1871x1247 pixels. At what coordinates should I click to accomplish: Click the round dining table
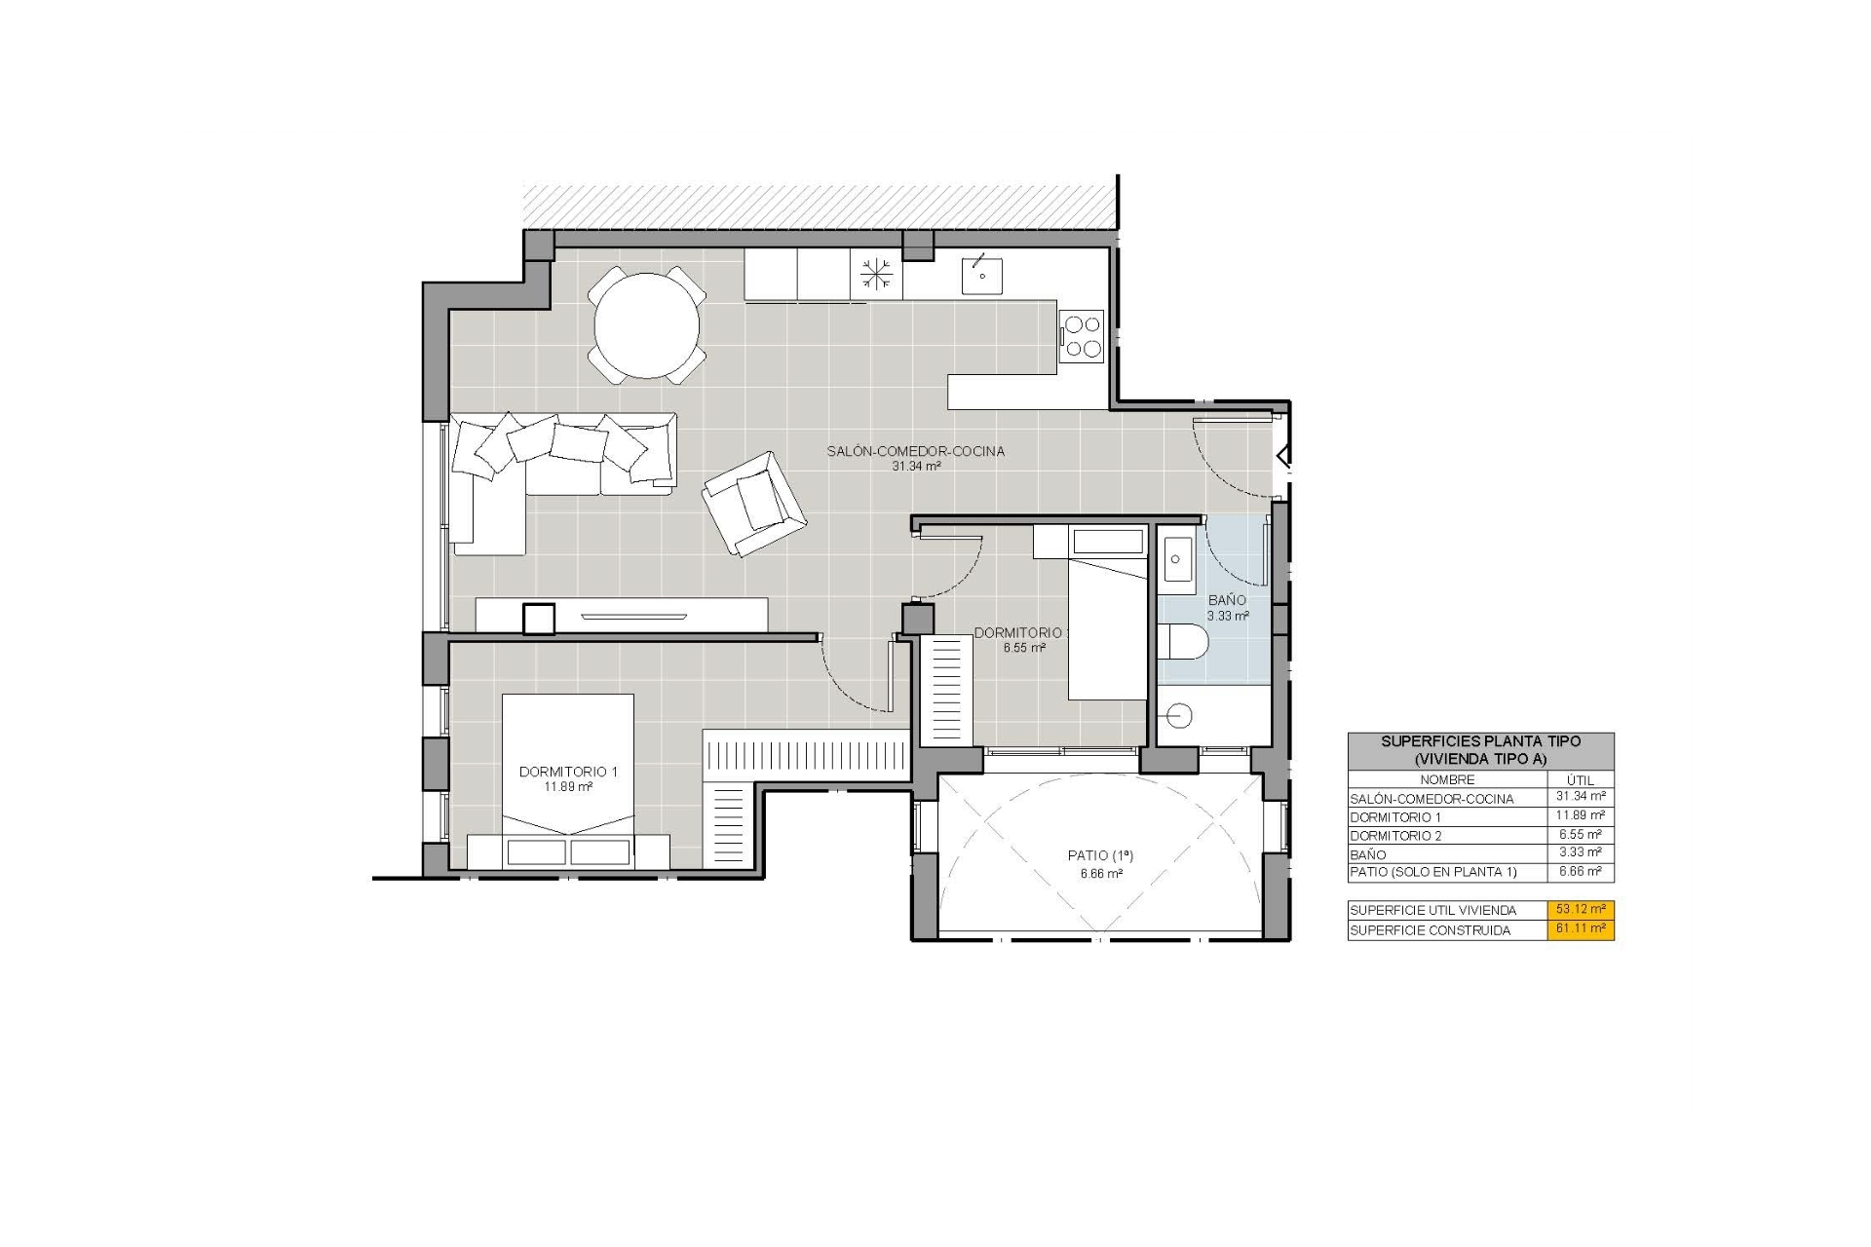(x=647, y=325)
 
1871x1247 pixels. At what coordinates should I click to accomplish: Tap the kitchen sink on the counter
(x=982, y=275)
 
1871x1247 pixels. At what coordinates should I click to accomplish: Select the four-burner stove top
(x=1082, y=336)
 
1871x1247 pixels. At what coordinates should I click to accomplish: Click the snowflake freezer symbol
(x=876, y=274)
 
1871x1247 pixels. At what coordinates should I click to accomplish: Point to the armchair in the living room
(x=754, y=504)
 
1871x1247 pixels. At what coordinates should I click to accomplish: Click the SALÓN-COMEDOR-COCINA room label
(x=915, y=451)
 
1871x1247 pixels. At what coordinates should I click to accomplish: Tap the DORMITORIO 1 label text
(x=568, y=772)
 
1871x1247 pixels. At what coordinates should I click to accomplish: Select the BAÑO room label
(x=1227, y=600)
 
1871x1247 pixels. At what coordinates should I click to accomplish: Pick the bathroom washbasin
(x=1177, y=559)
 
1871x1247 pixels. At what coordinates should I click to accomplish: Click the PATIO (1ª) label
(x=1100, y=855)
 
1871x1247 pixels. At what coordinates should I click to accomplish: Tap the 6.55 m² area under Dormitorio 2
(x=1024, y=648)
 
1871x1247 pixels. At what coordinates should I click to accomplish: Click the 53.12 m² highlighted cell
(x=1581, y=909)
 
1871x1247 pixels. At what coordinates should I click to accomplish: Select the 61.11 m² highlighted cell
(x=1581, y=929)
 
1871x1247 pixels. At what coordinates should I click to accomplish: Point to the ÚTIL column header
(x=1580, y=780)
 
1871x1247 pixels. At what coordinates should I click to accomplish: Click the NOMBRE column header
(x=1447, y=779)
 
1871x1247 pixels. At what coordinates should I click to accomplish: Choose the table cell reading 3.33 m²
(x=1580, y=852)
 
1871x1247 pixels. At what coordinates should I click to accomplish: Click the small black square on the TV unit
(x=539, y=620)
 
